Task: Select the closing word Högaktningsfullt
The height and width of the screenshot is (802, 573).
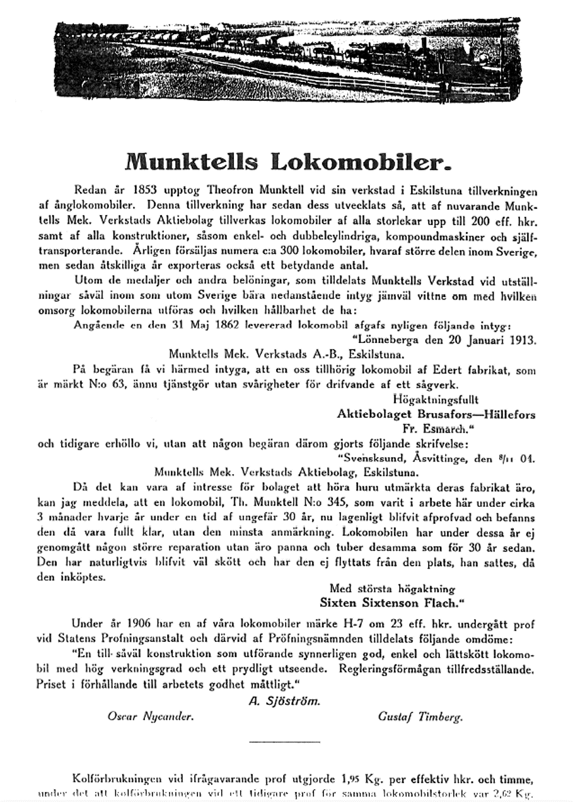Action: (x=435, y=399)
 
